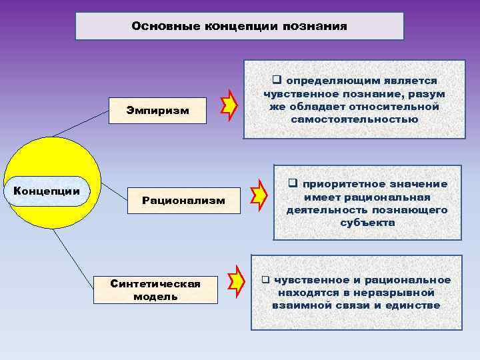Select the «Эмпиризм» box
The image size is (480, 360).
pos(157,109)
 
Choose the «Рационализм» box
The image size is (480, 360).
pos(183,201)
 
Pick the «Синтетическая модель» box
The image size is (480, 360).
pos(155,290)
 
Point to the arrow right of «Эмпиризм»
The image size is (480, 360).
pos(230,106)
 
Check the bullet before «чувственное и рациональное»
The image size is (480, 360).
pos(265,280)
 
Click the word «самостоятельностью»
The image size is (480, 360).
pos(355,120)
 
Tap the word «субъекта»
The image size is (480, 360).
pos(367,223)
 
